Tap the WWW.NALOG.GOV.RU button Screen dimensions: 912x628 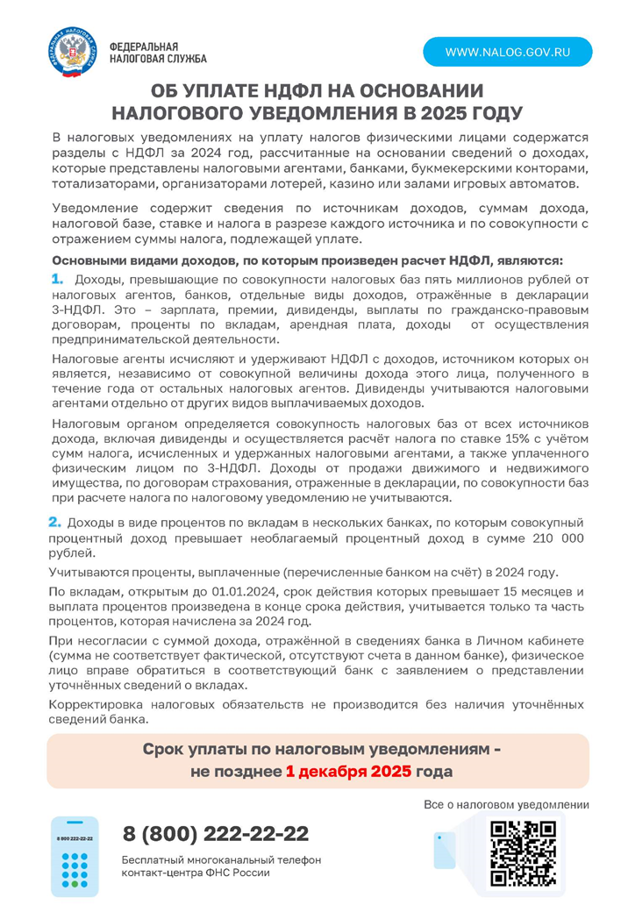[508, 52]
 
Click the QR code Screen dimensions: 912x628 [523, 851]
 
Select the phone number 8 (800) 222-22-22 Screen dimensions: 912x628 [216, 833]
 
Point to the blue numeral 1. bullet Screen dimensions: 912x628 [58, 279]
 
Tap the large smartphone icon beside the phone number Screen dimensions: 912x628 [75, 856]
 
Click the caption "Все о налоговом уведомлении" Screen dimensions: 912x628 [506, 804]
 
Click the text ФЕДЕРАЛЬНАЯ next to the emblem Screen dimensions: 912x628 [144, 46]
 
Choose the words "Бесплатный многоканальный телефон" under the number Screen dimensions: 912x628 [222, 859]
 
